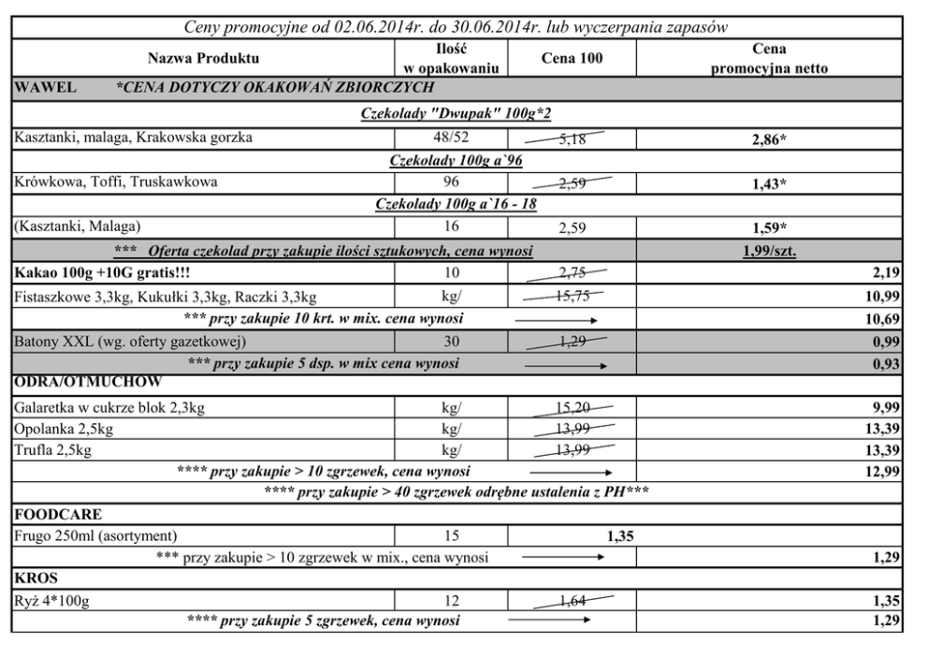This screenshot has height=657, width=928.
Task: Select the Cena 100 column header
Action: (x=573, y=59)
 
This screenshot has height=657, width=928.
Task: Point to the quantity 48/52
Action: (x=452, y=138)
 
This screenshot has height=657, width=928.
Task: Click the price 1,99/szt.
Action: (x=769, y=251)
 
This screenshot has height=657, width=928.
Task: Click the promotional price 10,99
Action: (x=880, y=297)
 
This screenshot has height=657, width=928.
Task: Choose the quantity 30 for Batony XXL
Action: (x=452, y=339)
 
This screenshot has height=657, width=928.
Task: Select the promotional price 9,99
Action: (x=884, y=406)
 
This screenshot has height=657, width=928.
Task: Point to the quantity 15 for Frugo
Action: (x=452, y=536)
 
